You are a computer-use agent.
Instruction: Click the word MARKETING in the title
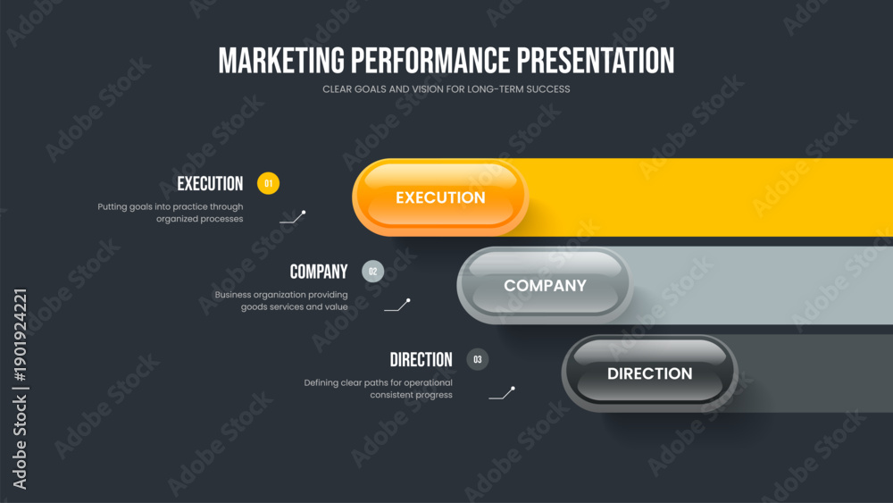[x=281, y=61]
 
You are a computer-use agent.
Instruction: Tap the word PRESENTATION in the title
[x=596, y=61]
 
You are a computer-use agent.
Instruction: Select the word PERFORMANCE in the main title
[x=430, y=61]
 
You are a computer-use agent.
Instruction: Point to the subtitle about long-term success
[x=446, y=88]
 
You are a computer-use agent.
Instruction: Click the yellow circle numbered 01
[x=268, y=183]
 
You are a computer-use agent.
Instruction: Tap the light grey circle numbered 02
[x=373, y=271]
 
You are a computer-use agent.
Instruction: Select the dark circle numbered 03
[x=477, y=359]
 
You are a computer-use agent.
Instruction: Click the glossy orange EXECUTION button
[x=440, y=197]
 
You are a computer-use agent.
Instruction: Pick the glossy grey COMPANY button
[x=545, y=285]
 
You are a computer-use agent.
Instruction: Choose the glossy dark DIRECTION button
[x=650, y=373]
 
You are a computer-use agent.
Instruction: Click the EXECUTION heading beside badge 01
[x=210, y=183]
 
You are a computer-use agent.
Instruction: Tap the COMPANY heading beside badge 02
[x=319, y=272]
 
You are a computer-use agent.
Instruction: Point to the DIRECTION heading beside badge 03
[x=421, y=359]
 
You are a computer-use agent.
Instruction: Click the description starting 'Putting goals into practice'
[x=171, y=213]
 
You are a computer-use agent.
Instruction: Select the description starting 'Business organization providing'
[x=281, y=301]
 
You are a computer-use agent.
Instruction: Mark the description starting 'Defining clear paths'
[x=378, y=389]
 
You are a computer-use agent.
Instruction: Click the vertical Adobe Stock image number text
[x=20, y=389]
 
